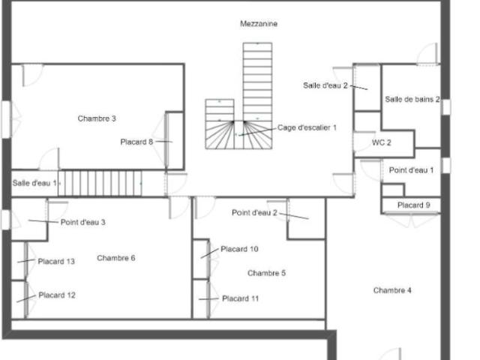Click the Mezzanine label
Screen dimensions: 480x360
tap(259, 23)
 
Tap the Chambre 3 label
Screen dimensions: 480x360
tap(97, 118)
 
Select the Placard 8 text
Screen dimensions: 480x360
tap(136, 142)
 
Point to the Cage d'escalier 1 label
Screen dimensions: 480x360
tap(307, 127)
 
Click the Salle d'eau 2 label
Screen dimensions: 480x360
tap(325, 85)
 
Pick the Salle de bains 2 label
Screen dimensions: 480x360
tap(412, 99)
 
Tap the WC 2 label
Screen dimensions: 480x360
tap(382, 142)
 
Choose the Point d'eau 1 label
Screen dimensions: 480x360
tap(411, 170)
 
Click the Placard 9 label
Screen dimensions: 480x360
tap(413, 205)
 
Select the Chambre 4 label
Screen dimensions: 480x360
tap(392, 290)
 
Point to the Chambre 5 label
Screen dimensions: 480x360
tap(266, 273)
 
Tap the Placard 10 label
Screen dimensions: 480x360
tap(239, 249)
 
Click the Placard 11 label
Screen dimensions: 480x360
tap(240, 298)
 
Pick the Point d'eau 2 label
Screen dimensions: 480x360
tap(254, 212)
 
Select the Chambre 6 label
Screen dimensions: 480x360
tap(116, 258)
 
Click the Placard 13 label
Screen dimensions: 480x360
tap(56, 262)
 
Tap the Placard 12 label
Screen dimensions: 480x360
tap(57, 295)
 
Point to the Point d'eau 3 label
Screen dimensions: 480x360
tap(83, 222)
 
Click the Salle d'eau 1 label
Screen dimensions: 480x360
tap(34, 183)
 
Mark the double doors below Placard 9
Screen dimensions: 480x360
tap(411, 220)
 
